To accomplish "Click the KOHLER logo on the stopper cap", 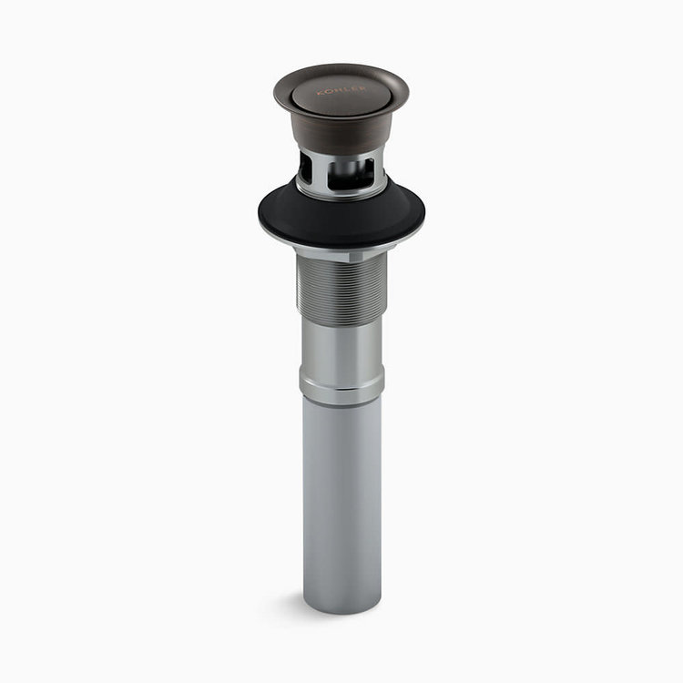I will (x=341, y=89).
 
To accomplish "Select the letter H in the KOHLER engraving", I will (x=337, y=90).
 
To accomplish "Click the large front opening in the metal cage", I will (x=352, y=173).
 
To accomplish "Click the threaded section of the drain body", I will (x=341, y=291).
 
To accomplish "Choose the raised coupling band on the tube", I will (x=341, y=388).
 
